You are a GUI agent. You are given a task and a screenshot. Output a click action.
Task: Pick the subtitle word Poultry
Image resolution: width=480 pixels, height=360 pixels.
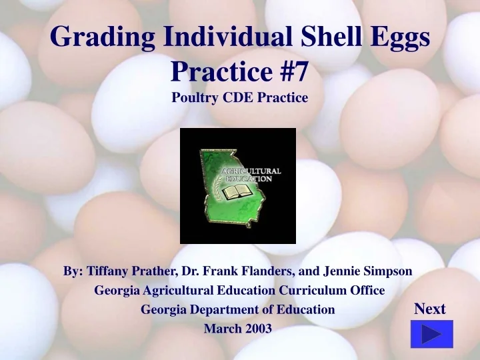[x=195, y=98]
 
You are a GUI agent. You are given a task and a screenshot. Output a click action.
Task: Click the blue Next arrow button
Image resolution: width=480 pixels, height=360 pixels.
[x=431, y=334]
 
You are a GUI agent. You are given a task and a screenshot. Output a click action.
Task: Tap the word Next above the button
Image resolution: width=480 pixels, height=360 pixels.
[x=430, y=309]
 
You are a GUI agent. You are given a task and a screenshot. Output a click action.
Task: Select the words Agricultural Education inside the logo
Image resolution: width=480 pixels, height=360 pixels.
[x=251, y=175]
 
